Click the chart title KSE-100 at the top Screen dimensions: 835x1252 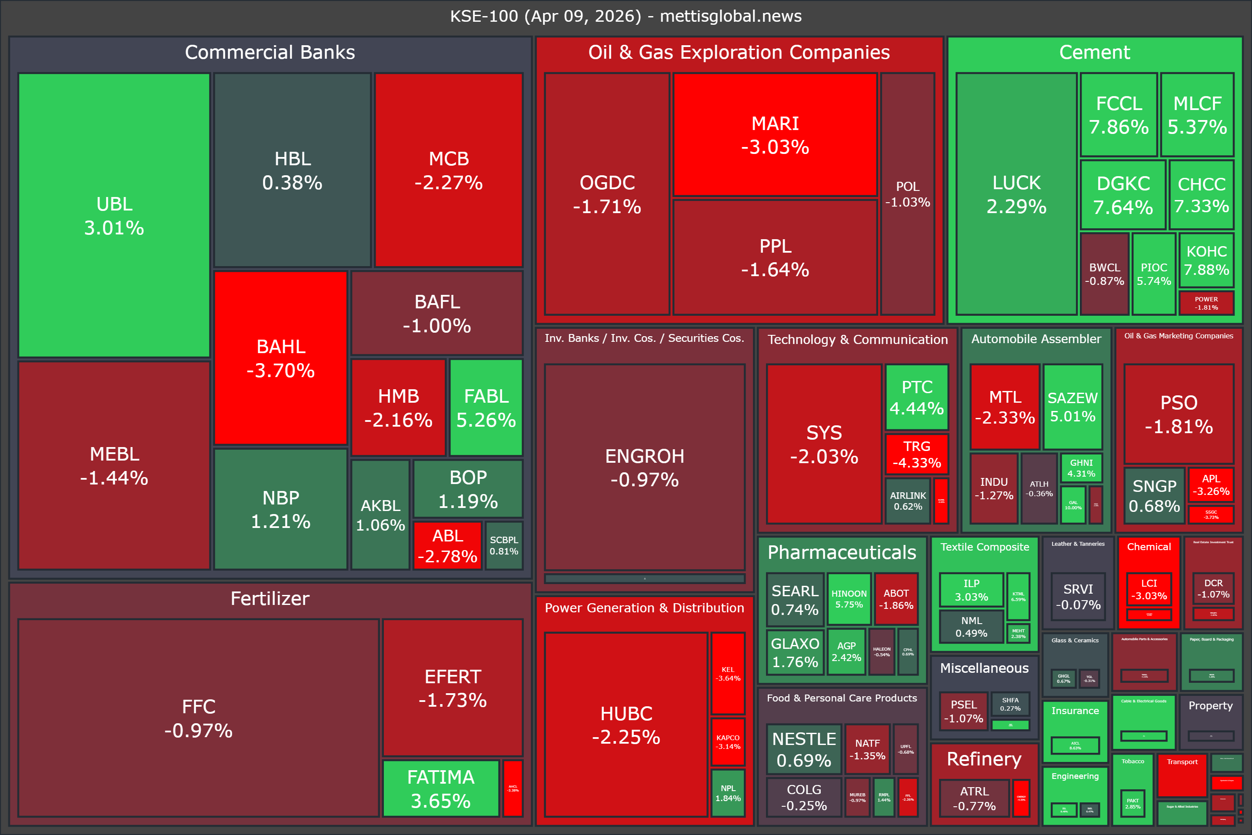[x=626, y=16]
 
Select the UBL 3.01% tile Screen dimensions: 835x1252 [x=114, y=215]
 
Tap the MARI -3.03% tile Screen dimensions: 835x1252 [x=775, y=135]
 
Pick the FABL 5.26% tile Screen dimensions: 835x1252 [x=486, y=407]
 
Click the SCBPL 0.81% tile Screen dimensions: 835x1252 [x=503, y=545]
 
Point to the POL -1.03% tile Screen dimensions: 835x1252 [x=907, y=194]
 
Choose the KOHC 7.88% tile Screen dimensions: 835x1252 [x=1206, y=261]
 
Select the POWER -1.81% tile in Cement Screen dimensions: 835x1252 [x=1206, y=303]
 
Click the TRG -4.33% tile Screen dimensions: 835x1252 [x=917, y=454]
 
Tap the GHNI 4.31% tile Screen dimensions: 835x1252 [x=1081, y=468]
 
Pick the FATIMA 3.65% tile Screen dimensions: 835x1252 [x=440, y=788]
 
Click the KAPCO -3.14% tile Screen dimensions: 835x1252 [x=728, y=742]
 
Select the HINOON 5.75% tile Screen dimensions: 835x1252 [x=849, y=598]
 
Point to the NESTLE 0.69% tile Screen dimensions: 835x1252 [x=804, y=749]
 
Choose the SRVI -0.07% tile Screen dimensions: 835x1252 [x=1078, y=596]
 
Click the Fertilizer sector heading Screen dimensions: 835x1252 [x=270, y=598]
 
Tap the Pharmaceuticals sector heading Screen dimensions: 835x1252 [x=842, y=552]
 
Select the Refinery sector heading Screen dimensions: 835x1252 [x=984, y=759]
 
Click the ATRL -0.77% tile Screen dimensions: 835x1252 [x=974, y=798]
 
